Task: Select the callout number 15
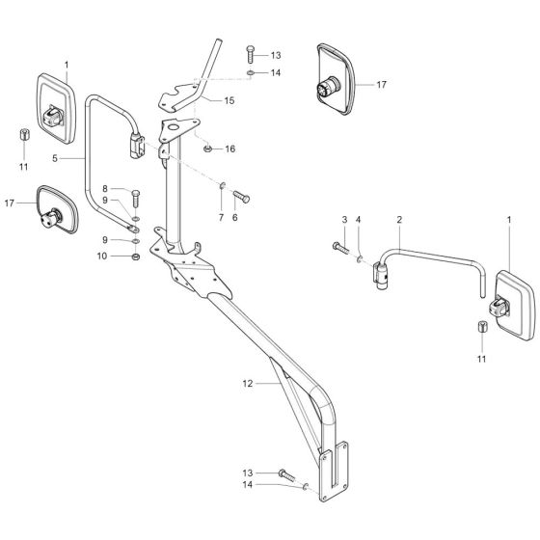pyautogui.click(x=229, y=99)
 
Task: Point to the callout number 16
pyautogui.click(x=229, y=149)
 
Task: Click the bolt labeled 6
pyautogui.click(x=241, y=196)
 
